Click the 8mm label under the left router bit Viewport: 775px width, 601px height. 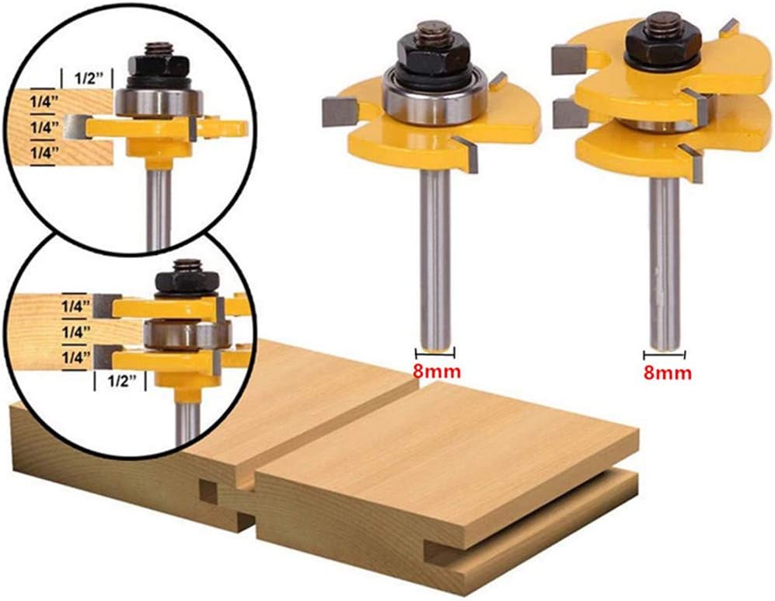click(438, 371)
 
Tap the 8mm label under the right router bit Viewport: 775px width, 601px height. click(668, 372)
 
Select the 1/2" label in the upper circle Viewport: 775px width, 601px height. click(86, 79)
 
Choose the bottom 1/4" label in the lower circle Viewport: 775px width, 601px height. click(77, 357)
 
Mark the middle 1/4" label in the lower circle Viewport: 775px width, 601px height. click(77, 331)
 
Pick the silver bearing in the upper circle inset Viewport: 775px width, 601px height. click(160, 103)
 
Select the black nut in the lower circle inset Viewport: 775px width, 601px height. click(186, 280)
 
